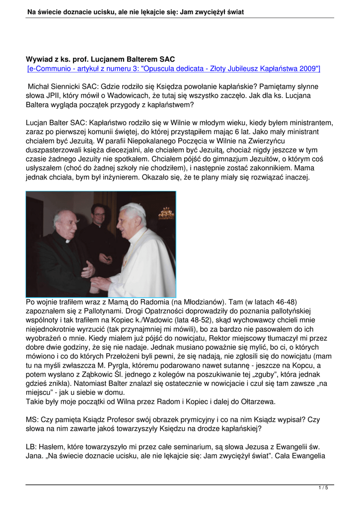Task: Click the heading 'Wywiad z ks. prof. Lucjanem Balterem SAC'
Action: (x=100, y=60)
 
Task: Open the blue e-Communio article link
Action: (x=174, y=68)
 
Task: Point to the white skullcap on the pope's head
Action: (x=133, y=207)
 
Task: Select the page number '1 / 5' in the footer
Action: (x=323, y=488)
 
